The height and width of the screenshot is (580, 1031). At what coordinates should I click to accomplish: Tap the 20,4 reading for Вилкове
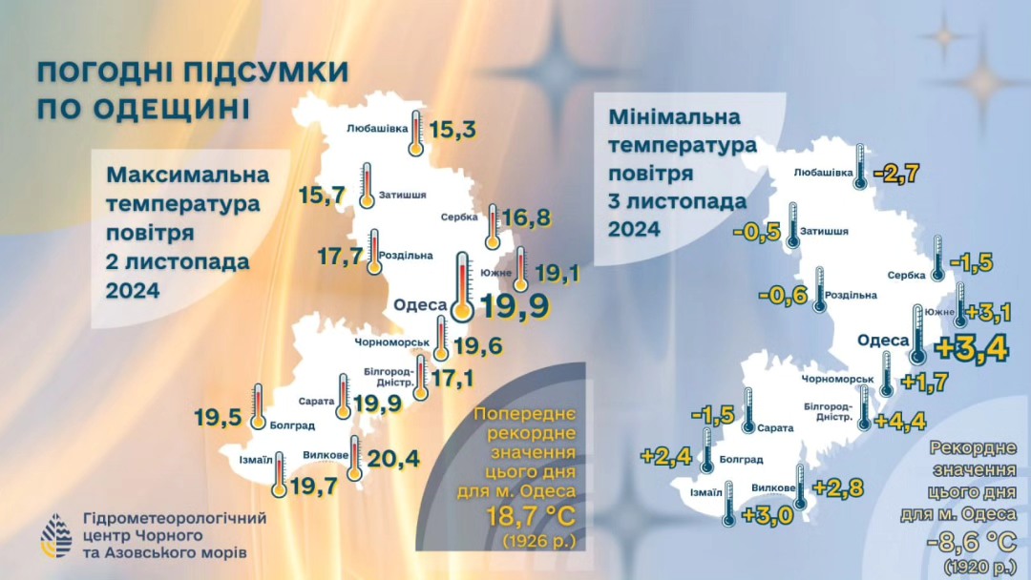click(393, 460)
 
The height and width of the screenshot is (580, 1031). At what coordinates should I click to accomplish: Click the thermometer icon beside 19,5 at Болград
click(258, 405)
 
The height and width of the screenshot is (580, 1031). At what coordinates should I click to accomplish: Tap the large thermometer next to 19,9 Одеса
click(462, 286)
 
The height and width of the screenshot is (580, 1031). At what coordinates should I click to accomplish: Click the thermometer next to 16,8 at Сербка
click(493, 224)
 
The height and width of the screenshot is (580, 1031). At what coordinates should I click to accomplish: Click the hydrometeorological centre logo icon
click(56, 535)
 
